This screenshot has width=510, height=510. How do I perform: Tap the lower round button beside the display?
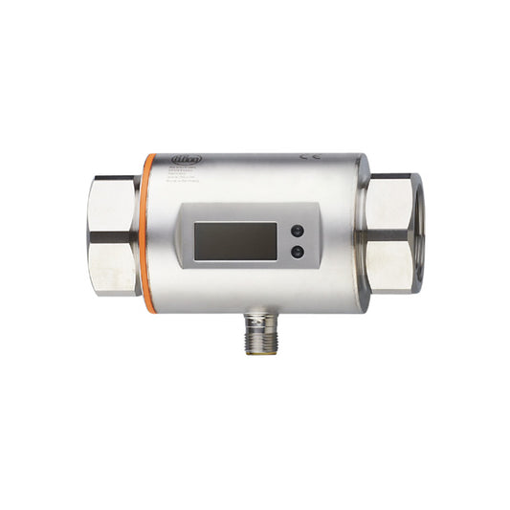(x=298, y=252)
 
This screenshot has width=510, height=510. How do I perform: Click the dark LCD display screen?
(x=234, y=240)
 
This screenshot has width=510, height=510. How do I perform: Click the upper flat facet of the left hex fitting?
(x=113, y=203)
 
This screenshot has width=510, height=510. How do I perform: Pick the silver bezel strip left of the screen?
(x=187, y=241)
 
